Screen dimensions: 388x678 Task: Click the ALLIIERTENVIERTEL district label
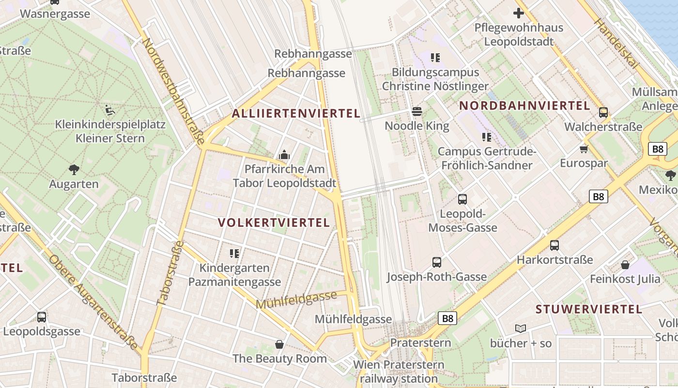point(296,113)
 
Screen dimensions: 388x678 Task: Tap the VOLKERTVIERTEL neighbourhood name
point(274,223)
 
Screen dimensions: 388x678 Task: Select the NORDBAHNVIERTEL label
point(524,106)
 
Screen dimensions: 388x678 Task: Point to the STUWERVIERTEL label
point(589,309)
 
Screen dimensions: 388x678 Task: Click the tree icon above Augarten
point(74,169)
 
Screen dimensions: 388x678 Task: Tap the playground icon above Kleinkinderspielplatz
point(110,110)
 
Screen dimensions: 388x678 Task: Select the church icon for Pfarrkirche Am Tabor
point(284,155)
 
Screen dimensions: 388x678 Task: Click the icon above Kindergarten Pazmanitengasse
point(234,253)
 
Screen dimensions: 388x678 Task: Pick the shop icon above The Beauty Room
point(279,344)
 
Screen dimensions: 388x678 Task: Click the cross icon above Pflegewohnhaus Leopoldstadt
point(519,13)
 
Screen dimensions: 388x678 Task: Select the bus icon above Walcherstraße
point(603,113)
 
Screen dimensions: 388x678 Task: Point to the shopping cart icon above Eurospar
point(584,149)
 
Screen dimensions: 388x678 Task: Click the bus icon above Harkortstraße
point(555,245)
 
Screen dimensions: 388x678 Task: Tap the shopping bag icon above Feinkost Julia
point(625,265)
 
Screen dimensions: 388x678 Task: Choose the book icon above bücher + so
point(521,329)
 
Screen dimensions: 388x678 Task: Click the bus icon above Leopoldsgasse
point(42,317)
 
